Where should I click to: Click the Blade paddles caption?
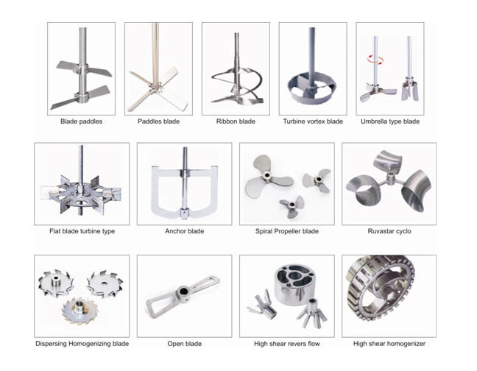click(81, 121)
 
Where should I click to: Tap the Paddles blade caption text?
click(158, 121)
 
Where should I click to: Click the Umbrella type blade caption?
click(389, 121)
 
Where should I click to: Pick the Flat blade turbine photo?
click(82, 184)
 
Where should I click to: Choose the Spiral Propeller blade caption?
click(286, 231)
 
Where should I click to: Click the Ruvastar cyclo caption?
click(389, 231)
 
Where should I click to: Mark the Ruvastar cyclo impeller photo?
click(389, 184)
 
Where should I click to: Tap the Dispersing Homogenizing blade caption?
click(82, 344)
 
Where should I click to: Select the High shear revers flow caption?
click(286, 344)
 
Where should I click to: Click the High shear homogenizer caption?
click(389, 344)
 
